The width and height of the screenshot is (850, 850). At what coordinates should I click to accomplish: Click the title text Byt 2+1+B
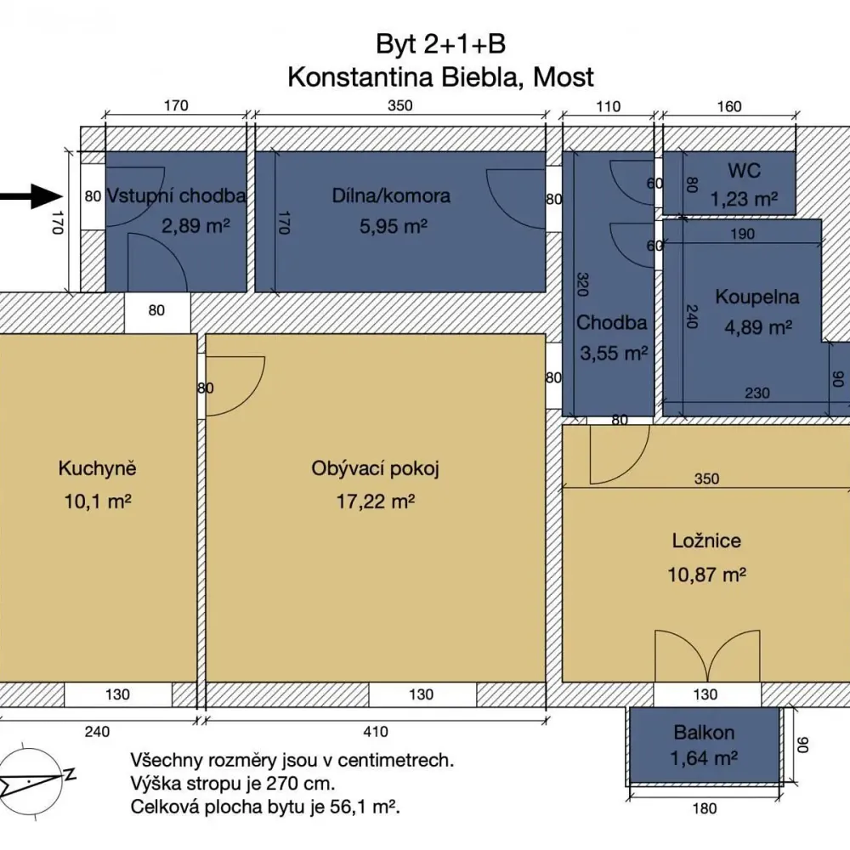click(x=440, y=44)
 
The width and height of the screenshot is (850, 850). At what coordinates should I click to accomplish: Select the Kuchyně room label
click(x=98, y=468)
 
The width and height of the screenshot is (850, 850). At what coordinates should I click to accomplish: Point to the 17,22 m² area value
click(x=376, y=501)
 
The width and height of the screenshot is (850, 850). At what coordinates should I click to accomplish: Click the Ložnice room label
click(x=706, y=541)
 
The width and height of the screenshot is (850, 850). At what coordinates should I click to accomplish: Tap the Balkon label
click(x=704, y=733)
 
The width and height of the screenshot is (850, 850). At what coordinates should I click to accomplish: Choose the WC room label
click(x=745, y=171)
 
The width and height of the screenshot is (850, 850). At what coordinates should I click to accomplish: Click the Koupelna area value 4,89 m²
click(x=758, y=327)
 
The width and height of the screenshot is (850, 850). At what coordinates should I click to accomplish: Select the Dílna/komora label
click(x=391, y=195)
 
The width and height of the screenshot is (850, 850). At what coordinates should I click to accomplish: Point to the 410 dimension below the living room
click(x=376, y=732)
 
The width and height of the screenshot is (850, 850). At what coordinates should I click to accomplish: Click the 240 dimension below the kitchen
click(x=98, y=732)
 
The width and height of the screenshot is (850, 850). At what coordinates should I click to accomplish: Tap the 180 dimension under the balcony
click(x=705, y=809)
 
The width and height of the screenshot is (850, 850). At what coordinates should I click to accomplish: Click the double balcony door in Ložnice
click(x=707, y=656)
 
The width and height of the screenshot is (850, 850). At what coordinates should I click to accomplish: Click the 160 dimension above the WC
click(x=729, y=106)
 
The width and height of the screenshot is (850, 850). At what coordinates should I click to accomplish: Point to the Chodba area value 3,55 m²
click(x=615, y=354)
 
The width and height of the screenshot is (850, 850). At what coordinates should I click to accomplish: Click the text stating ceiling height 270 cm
click(x=233, y=784)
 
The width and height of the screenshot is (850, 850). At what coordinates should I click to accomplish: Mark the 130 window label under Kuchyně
click(x=117, y=694)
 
